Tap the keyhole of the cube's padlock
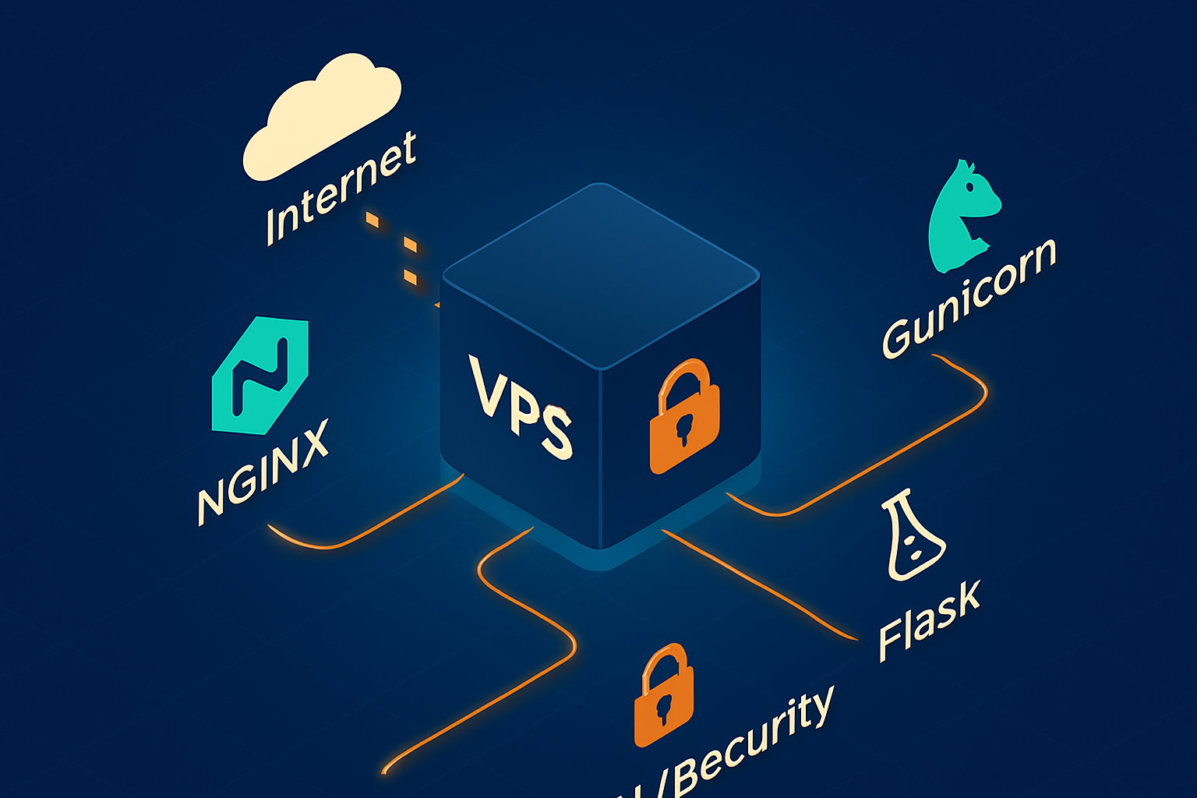[685, 429]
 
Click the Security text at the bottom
[748, 748]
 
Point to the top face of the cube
[600, 273]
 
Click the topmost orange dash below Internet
[373, 221]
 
